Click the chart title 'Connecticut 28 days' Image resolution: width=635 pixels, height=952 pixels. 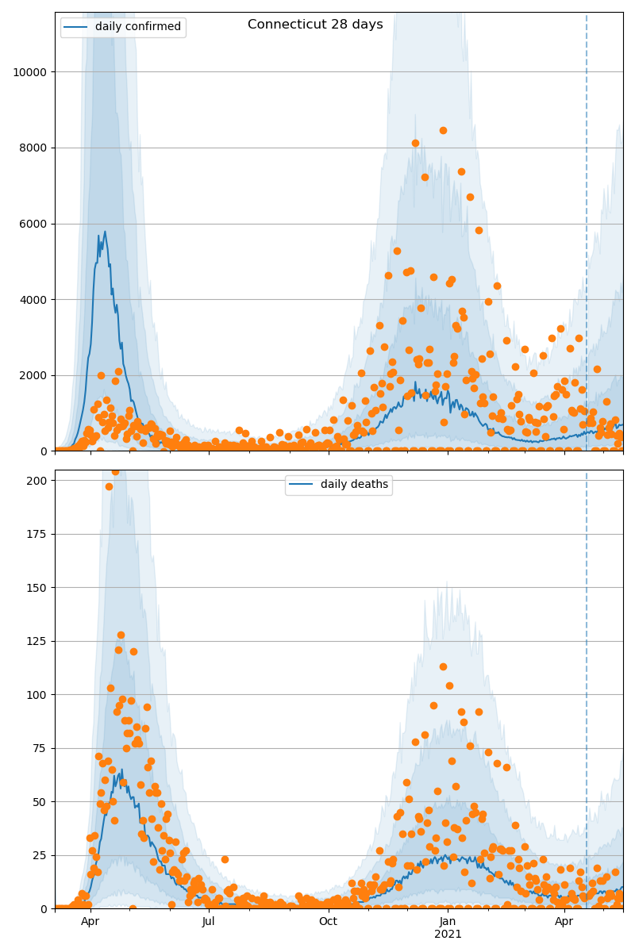click(315, 25)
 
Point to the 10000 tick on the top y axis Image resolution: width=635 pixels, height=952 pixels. click(29, 72)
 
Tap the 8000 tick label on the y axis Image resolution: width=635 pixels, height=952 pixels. click(33, 148)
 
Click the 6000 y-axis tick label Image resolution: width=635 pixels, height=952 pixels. click(33, 224)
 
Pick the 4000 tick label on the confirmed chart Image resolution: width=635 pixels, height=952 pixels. click(33, 300)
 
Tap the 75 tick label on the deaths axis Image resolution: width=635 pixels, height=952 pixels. click(41, 748)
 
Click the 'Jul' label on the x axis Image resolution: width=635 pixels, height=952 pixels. click(209, 921)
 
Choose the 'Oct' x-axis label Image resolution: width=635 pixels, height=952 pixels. click(328, 921)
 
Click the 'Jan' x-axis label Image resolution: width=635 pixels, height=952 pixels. click(448, 921)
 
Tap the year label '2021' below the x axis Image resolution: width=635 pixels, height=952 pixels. click(448, 934)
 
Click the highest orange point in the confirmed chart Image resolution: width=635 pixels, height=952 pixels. click(443, 130)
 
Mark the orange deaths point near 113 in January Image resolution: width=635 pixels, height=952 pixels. click(443, 666)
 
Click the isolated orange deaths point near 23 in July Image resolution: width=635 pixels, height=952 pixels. click(225, 859)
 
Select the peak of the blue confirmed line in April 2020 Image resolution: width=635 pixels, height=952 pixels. click(104, 232)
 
